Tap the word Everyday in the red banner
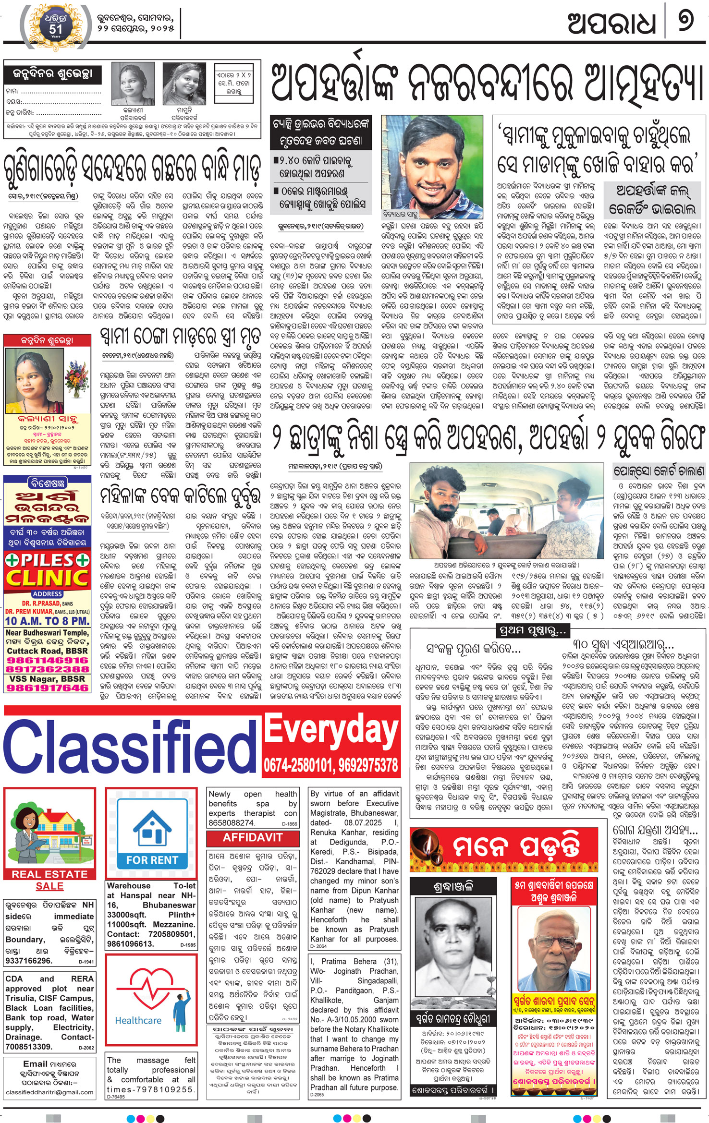coord(331,729)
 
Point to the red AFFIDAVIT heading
coord(253,837)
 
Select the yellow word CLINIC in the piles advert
coord(47,579)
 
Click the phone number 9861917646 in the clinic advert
coord(47,688)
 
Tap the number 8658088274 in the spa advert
coord(232,822)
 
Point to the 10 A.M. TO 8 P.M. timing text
coord(47,621)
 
